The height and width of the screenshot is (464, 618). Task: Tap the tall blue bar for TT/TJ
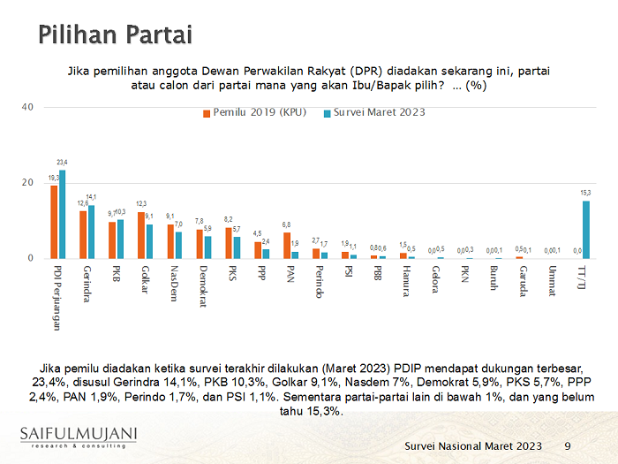pyautogui.click(x=585, y=230)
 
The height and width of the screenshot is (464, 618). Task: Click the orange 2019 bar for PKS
pyautogui.click(x=228, y=243)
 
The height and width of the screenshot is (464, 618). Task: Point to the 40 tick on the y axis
pyautogui.click(x=27, y=107)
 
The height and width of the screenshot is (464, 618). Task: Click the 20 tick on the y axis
pyautogui.click(x=27, y=183)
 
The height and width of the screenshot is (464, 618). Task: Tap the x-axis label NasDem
pyautogui.click(x=174, y=283)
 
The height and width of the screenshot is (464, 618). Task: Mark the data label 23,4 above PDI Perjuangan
pyautogui.click(x=62, y=163)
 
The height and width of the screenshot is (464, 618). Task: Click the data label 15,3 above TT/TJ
pyautogui.click(x=585, y=193)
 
